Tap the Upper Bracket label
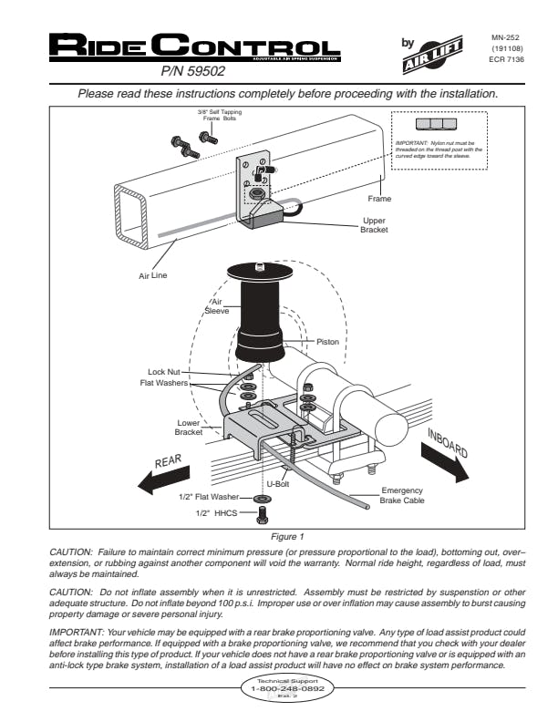[374, 225]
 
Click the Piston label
[327, 342]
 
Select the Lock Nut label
[164, 372]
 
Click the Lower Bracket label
[188, 427]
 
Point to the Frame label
[380, 198]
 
